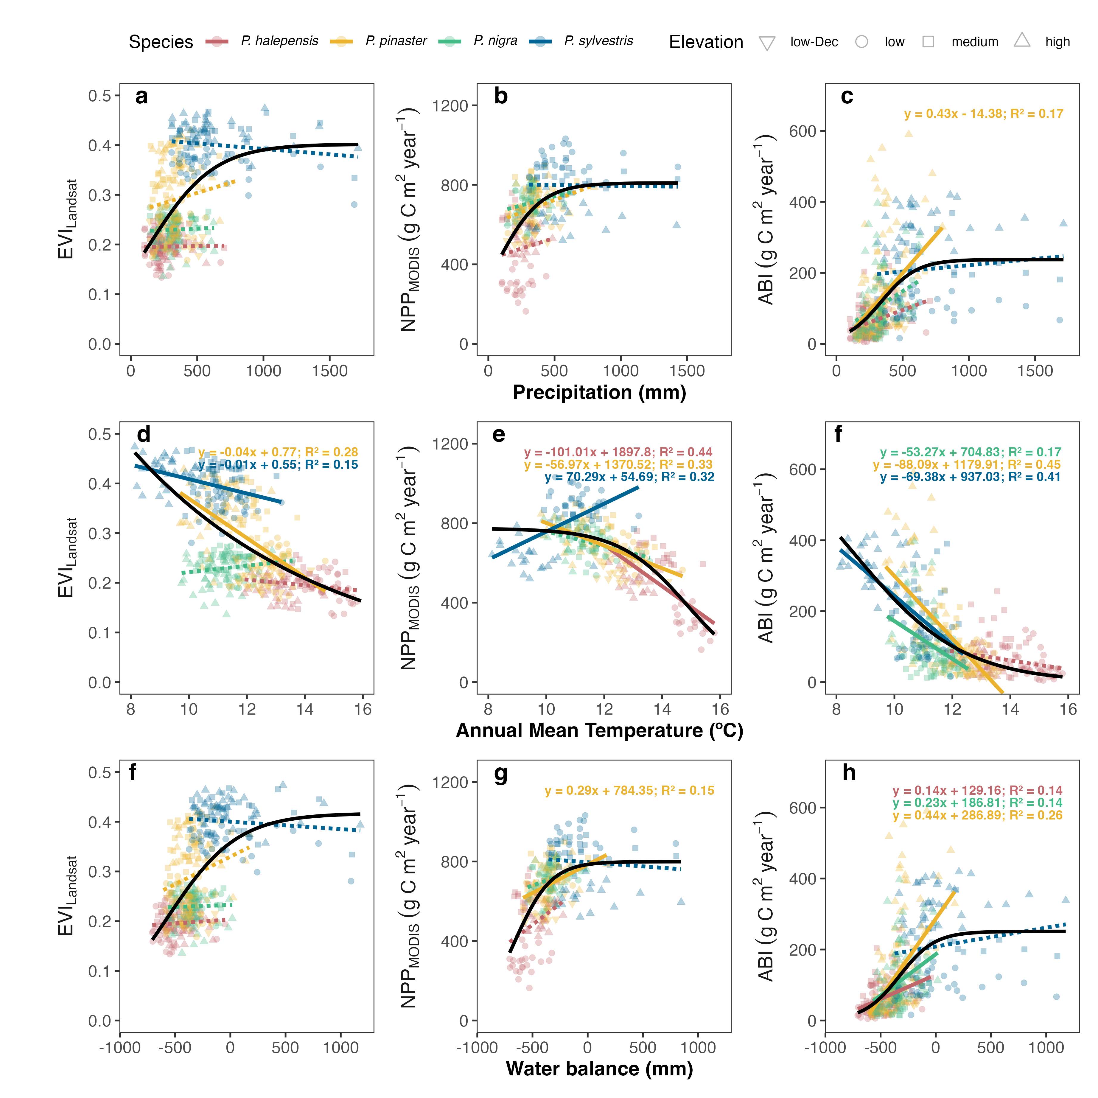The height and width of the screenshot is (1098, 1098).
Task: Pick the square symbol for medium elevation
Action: click(928, 41)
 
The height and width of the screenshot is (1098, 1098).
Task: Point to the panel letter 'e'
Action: click(498, 435)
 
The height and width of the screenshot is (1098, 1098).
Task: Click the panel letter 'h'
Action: click(849, 773)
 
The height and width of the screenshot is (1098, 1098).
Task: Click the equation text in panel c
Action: click(983, 114)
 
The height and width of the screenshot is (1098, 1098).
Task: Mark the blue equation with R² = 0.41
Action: click(970, 477)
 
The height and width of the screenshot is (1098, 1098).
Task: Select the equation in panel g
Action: click(629, 791)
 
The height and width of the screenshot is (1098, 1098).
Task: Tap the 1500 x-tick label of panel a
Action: click(330, 371)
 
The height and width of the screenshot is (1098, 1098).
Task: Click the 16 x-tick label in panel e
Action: click(720, 709)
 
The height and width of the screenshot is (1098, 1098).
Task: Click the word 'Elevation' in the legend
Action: click(706, 42)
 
